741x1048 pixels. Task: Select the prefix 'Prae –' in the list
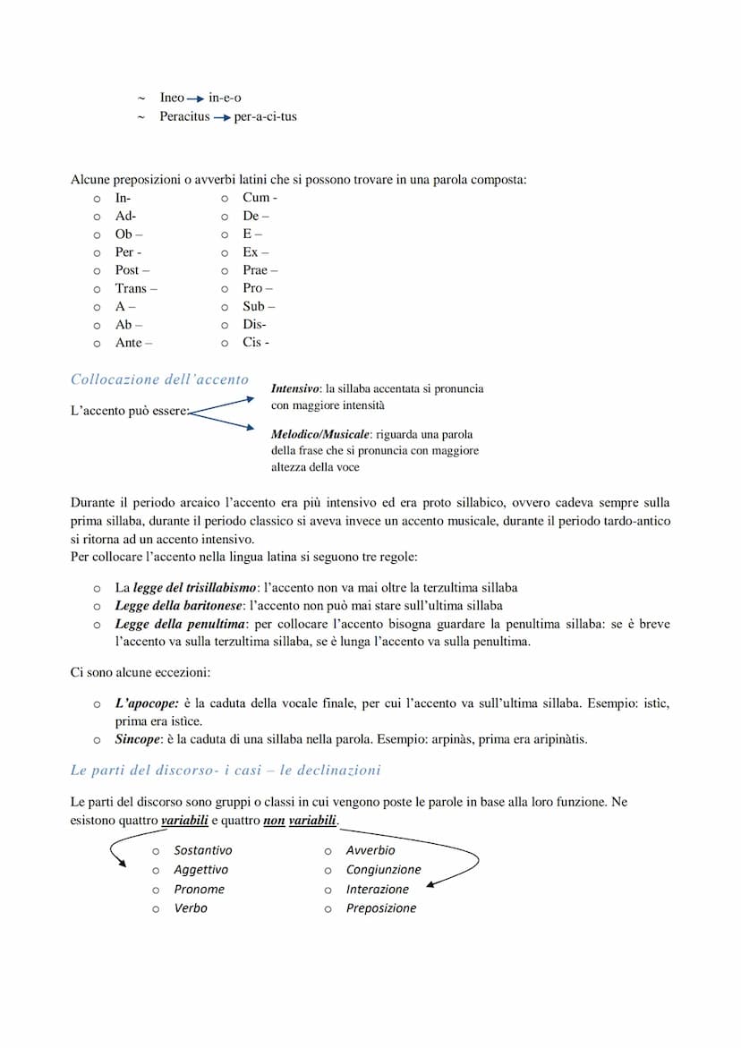click(x=260, y=270)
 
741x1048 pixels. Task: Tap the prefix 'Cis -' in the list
click(x=256, y=343)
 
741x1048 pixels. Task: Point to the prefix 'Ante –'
click(x=133, y=343)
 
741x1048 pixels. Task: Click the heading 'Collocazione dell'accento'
click(x=159, y=379)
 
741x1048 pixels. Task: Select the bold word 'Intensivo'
click(x=295, y=389)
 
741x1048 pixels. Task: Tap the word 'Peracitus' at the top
click(x=184, y=116)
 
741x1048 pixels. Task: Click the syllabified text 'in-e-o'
click(x=225, y=98)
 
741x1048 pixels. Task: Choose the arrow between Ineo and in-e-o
click(x=195, y=98)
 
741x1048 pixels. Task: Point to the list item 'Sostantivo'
click(x=202, y=850)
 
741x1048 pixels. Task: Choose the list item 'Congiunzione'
click(x=383, y=870)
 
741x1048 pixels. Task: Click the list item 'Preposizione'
click(x=381, y=908)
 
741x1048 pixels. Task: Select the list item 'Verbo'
click(x=191, y=908)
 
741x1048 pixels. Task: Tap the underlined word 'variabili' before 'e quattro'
click(x=184, y=821)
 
